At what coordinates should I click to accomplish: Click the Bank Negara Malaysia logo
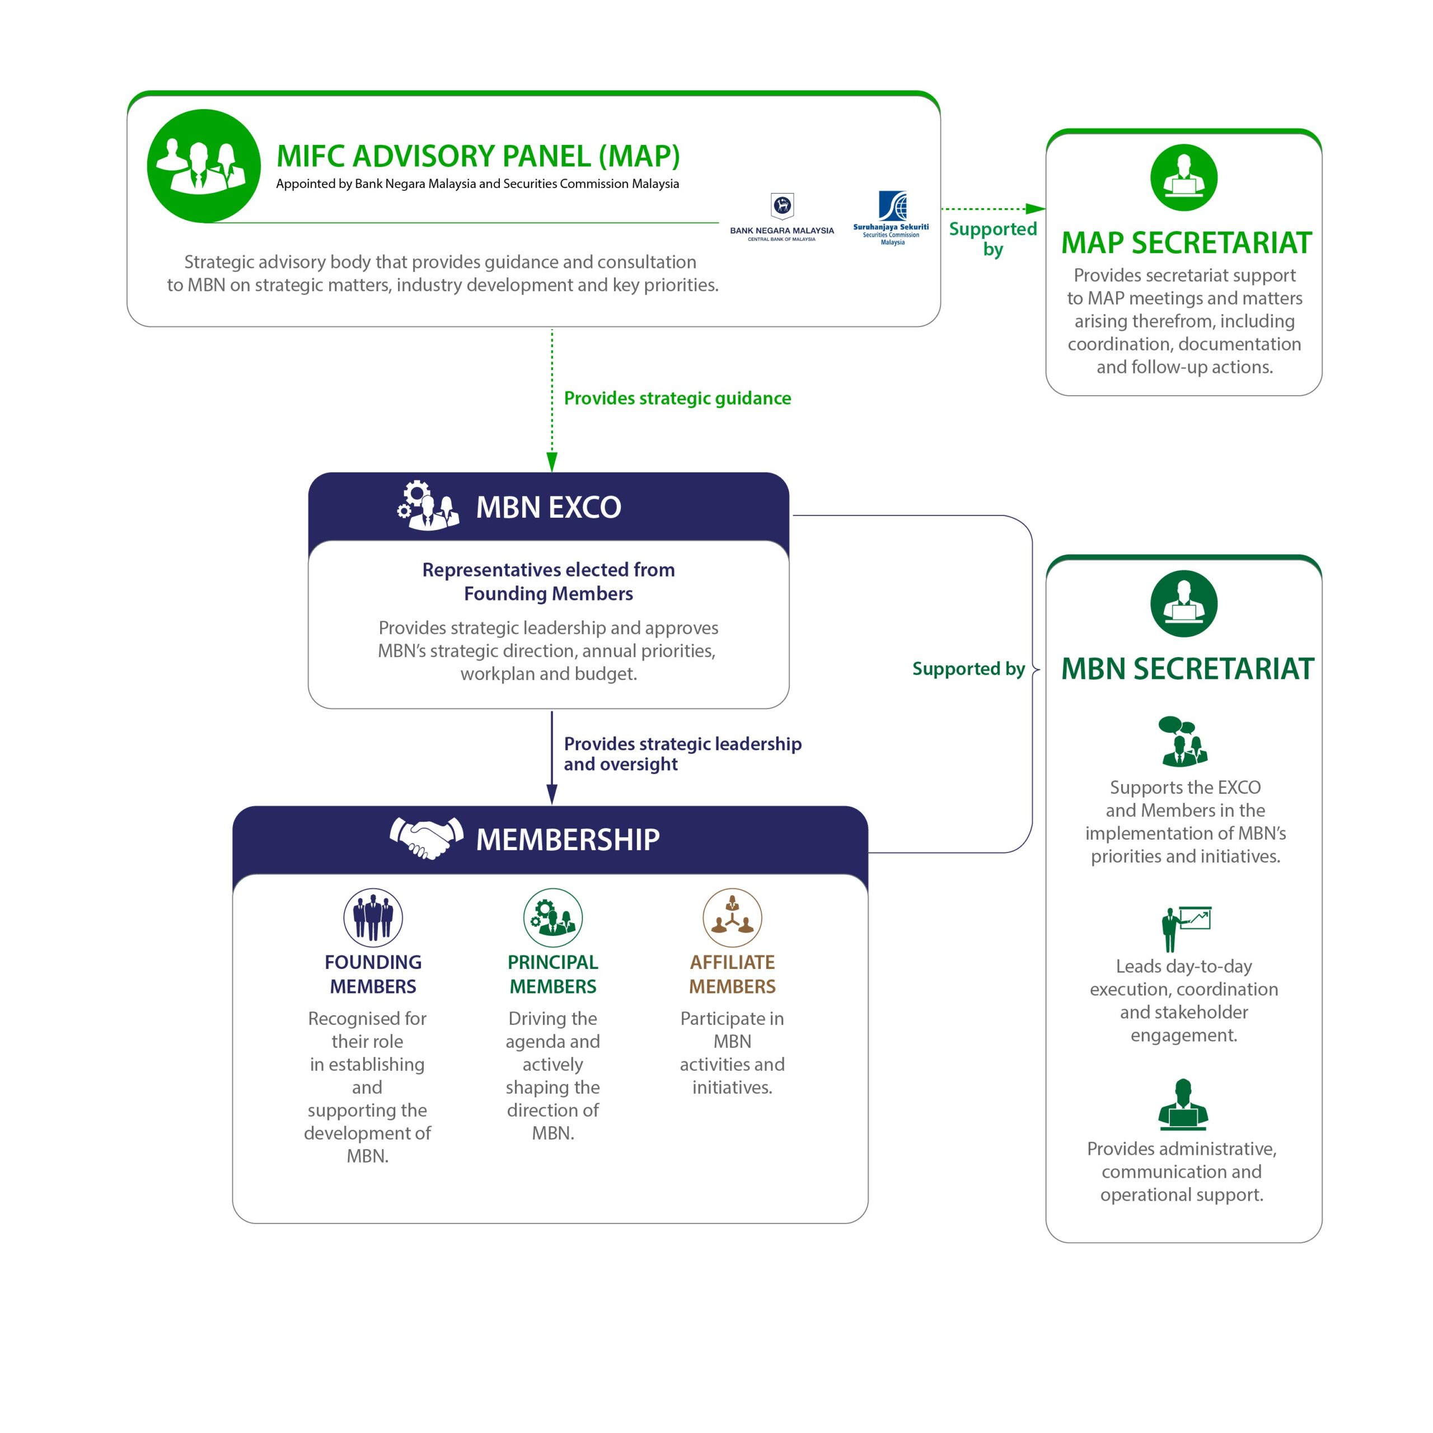[782, 217]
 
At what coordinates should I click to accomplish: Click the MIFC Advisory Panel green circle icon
[204, 166]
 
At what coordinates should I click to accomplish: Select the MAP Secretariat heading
[1186, 242]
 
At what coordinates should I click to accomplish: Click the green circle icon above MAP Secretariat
[1184, 178]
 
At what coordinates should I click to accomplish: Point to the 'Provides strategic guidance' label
[677, 399]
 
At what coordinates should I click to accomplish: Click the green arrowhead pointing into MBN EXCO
[552, 462]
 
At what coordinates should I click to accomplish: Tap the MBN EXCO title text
[548, 507]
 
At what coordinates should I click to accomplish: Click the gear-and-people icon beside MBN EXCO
[427, 505]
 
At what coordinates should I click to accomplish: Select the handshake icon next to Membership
[427, 838]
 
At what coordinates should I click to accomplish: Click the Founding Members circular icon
[373, 917]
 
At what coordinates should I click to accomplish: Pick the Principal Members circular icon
[552, 917]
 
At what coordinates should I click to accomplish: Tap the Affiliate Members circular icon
[732, 917]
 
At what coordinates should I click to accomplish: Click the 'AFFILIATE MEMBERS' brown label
[732, 974]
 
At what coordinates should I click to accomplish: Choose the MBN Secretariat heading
[1187, 668]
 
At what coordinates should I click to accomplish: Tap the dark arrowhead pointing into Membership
[552, 795]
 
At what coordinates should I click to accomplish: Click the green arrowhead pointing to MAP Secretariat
[1036, 209]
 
